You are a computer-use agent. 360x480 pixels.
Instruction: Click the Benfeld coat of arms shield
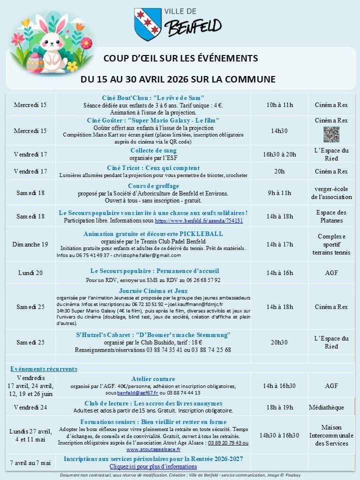[147, 23]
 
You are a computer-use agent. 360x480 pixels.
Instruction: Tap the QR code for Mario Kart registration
[328, 134]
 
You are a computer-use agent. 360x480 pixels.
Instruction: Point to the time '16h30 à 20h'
[279, 154]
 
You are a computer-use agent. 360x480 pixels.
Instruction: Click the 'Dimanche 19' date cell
[30, 244]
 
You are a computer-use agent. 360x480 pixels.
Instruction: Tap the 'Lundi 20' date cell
[30, 273]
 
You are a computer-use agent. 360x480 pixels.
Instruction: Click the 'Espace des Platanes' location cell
[331, 216]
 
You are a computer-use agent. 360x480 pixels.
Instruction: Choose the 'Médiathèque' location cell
[326, 407]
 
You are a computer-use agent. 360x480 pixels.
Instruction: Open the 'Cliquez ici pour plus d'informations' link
[153, 466]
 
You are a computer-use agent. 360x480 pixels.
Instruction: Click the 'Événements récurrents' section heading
[44, 369]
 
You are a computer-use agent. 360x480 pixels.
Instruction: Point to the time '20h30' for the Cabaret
[279, 342]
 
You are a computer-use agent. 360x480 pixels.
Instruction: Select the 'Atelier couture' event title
[153, 378]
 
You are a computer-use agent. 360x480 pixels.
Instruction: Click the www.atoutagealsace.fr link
[152, 449]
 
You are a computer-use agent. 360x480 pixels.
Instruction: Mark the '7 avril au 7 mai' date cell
[30, 463]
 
